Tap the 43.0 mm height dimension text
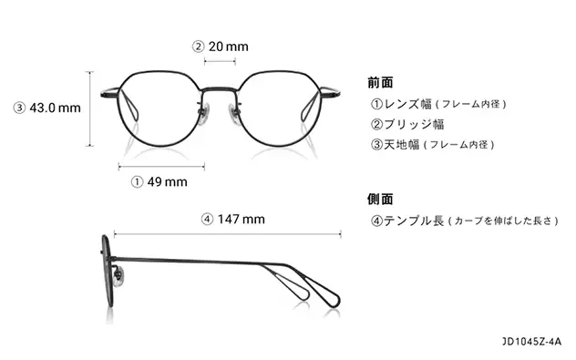56,108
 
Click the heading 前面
380,82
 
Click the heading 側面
380,199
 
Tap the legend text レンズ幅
406,104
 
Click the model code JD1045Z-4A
532,342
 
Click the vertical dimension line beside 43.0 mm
89,108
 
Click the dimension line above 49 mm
161,165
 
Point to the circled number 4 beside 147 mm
207,219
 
